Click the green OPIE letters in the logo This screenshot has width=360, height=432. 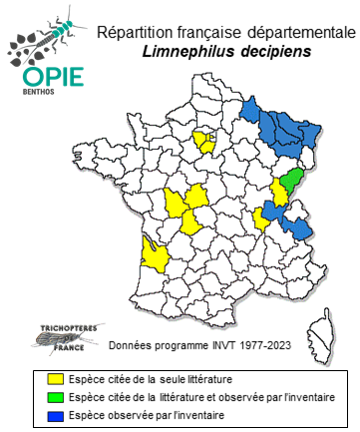pyautogui.click(x=42, y=75)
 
